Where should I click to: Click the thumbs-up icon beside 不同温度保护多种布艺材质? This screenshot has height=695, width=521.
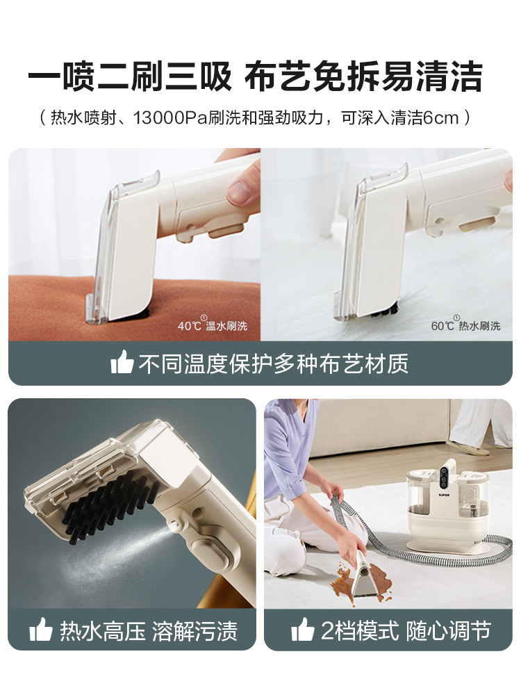pos(122,363)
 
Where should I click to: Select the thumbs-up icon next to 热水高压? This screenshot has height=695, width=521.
pos(41,630)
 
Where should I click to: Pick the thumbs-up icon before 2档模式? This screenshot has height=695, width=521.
pos(303,630)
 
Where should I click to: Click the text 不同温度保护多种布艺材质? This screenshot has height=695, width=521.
pos(273,363)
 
